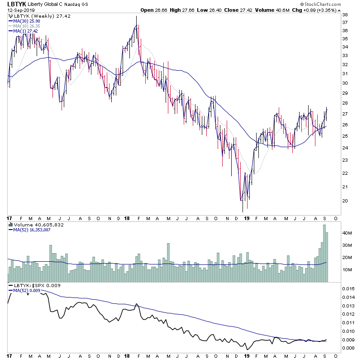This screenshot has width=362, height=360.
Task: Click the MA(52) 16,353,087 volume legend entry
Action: [x=33, y=230]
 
